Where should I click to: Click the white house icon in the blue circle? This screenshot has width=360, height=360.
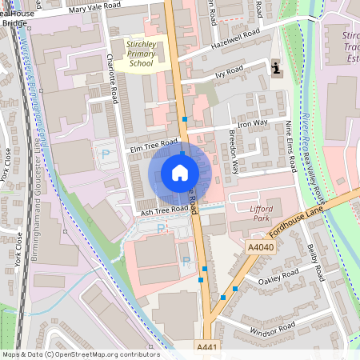click(x=180, y=173)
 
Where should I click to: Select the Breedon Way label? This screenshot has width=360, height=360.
click(x=234, y=152)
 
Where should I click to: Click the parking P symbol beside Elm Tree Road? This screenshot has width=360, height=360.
click(x=105, y=153)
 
